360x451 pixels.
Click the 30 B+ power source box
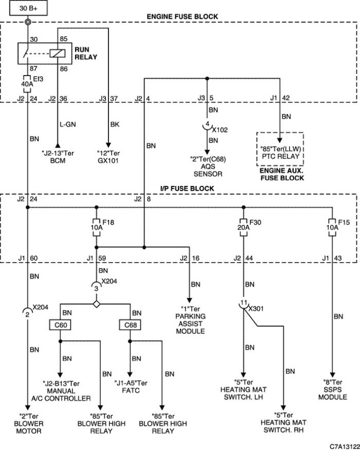(28, 8)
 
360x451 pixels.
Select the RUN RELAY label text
(86, 53)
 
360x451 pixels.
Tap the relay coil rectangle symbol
(58, 54)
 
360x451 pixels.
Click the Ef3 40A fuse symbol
(27, 84)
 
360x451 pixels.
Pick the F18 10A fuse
(96, 228)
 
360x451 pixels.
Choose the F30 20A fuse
(243, 228)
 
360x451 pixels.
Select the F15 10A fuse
(332, 228)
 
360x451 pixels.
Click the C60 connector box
(60, 325)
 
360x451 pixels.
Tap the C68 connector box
(130, 325)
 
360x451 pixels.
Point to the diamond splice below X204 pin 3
(96, 304)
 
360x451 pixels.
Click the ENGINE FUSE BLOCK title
(183, 17)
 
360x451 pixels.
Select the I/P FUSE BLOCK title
(187, 189)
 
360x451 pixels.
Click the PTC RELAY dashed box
(280, 149)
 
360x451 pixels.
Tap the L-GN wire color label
(67, 125)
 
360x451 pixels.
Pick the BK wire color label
(115, 125)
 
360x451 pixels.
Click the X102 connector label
(220, 130)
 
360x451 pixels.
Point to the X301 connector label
(256, 309)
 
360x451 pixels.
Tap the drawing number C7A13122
(344, 446)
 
